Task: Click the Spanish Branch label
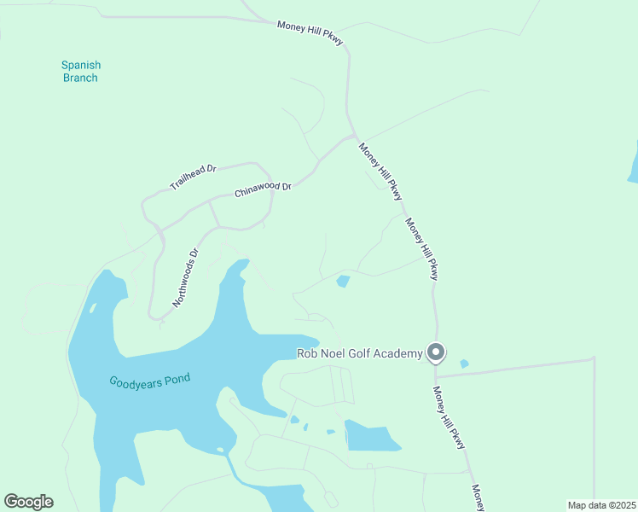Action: click(x=80, y=71)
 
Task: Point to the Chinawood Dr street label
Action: click(x=263, y=187)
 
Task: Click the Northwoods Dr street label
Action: click(x=185, y=277)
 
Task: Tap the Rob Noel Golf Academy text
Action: click(x=359, y=353)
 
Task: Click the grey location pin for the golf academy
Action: click(x=436, y=352)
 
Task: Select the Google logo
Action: click(x=28, y=502)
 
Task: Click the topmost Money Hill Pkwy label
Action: click(x=310, y=33)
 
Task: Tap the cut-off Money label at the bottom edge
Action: click(x=478, y=498)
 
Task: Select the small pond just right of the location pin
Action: click(x=464, y=364)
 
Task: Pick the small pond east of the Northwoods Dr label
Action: click(x=343, y=281)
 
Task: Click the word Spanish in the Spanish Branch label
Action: click(x=80, y=65)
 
